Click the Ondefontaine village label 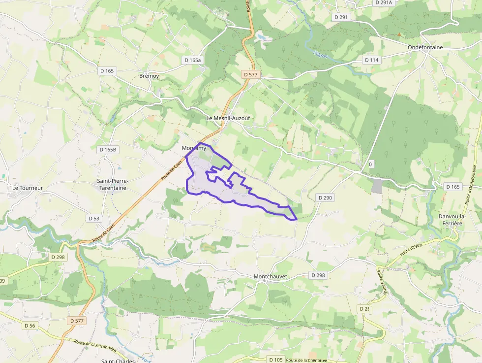click(425, 47)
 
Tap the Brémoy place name click(149, 76)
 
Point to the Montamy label click(193, 148)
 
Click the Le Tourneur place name click(28, 188)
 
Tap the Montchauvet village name click(270, 277)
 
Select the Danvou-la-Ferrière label click(450, 220)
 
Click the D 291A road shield click(384, 2)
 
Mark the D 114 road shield click(372, 60)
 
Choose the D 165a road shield click(192, 60)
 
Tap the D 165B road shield click(108, 150)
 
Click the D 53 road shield click(94, 218)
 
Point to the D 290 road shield click(326, 198)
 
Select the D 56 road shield click(30, 326)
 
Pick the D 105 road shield click(276, 360)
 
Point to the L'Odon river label click(320, 51)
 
